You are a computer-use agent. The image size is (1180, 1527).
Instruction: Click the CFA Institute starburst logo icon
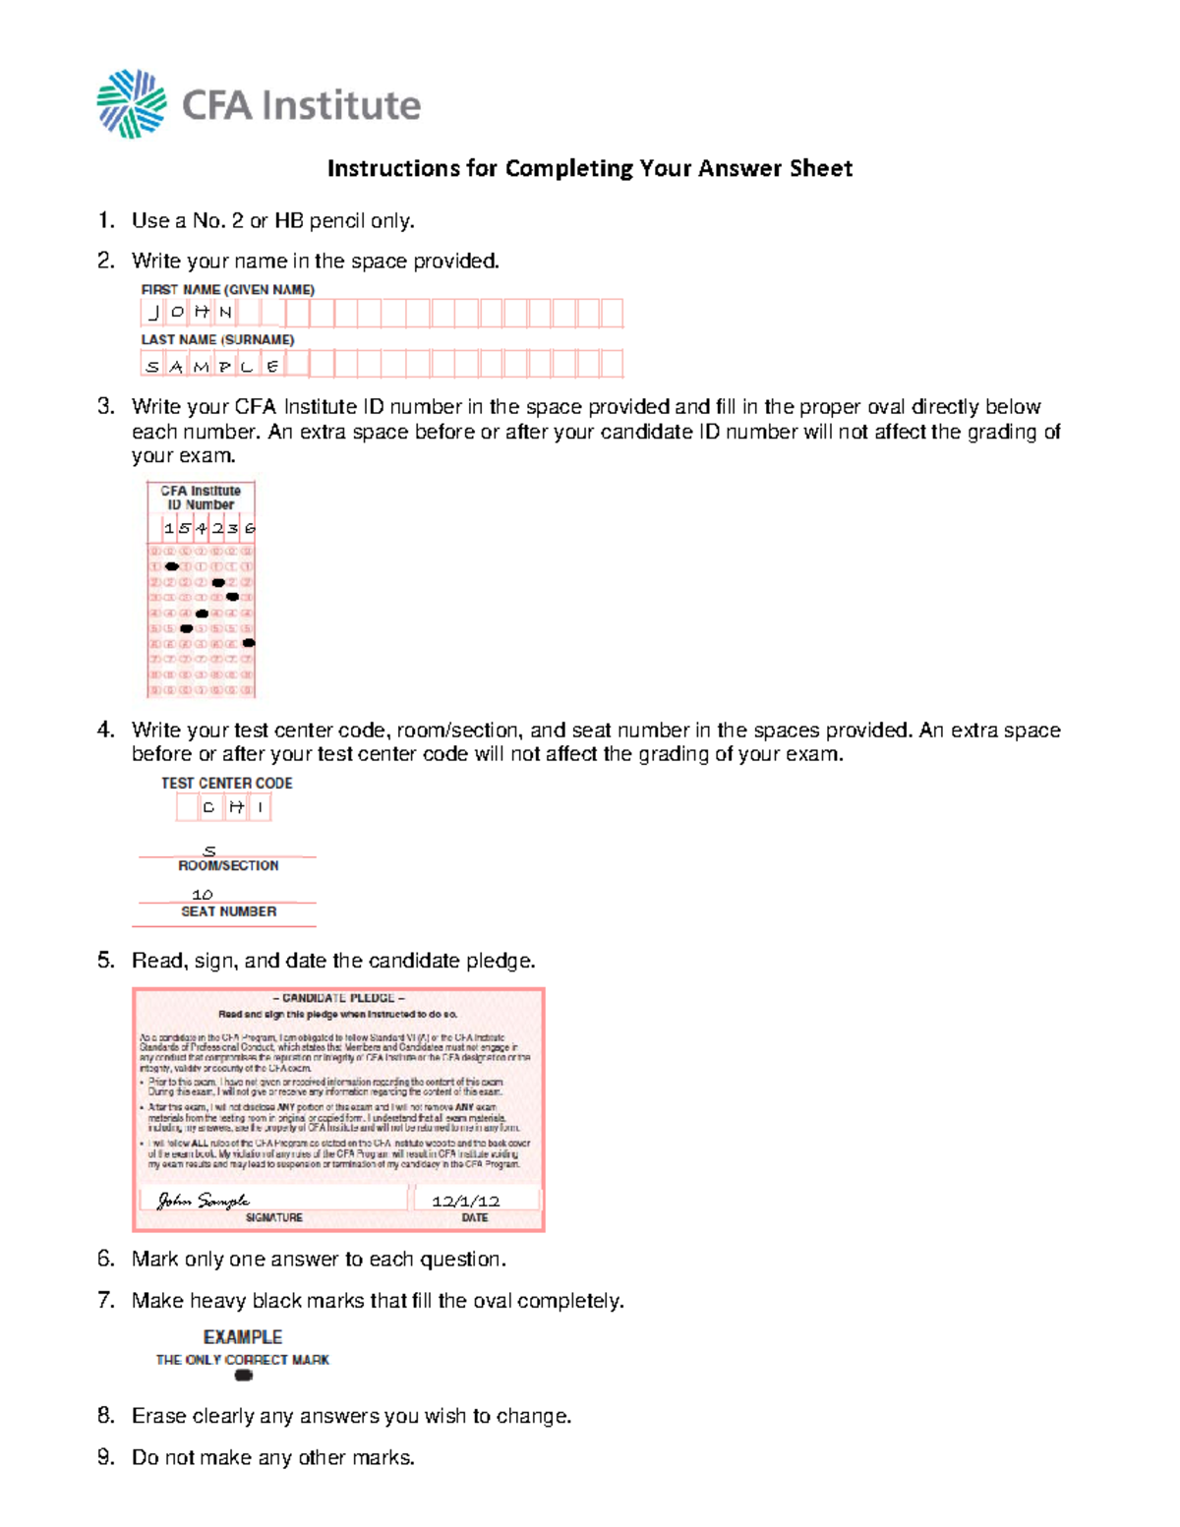coord(131,104)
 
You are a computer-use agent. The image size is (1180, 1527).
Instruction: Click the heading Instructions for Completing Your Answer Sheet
coord(589,168)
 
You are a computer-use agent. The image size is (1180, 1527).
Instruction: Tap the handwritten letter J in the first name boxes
coord(153,313)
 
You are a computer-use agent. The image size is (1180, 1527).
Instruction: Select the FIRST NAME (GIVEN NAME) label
coord(227,290)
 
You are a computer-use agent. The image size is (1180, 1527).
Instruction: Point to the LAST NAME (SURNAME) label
coord(217,339)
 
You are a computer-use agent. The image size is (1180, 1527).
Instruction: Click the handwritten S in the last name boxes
coord(152,367)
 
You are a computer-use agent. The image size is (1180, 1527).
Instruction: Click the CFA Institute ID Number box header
coord(201,498)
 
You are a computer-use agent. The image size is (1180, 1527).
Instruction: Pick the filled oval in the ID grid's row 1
coord(172,566)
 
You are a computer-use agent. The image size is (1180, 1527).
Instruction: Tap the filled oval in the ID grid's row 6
coord(249,643)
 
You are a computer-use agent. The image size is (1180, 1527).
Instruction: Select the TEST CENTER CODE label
coord(227,783)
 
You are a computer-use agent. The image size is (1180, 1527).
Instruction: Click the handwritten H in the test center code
coord(236,807)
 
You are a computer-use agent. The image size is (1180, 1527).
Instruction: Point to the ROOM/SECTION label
coord(228,865)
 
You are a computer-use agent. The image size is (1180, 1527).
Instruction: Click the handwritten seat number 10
coord(203,895)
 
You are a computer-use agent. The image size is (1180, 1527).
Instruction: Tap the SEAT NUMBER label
coord(228,911)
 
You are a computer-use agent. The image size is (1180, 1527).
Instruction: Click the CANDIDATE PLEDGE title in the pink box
coord(338,998)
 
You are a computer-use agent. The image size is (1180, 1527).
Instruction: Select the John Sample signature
coord(204,1201)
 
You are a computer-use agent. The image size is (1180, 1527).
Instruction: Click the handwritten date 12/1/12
coord(466,1201)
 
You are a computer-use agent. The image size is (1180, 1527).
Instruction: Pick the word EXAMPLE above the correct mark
coord(243,1337)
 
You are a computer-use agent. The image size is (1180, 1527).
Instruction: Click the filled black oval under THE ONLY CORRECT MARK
coord(244,1376)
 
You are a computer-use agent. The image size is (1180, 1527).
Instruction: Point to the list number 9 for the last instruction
coord(105,1457)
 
